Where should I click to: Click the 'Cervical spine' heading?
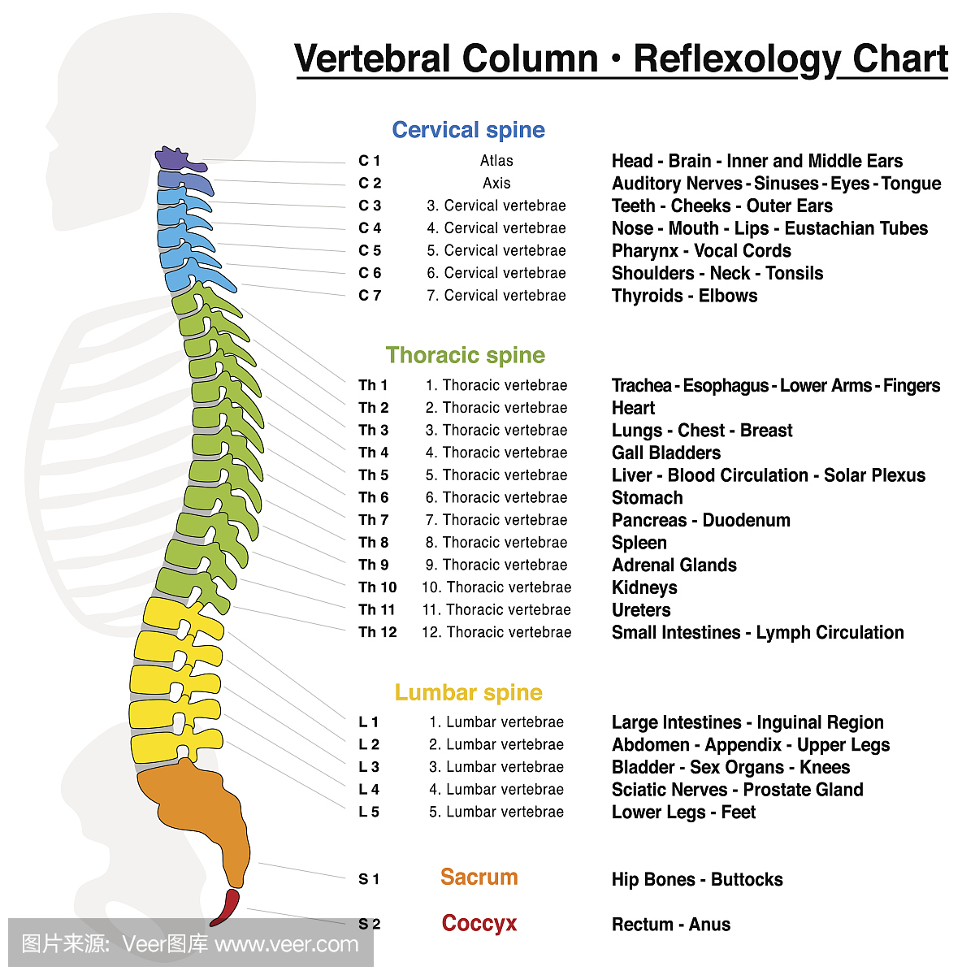[x=468, y=130]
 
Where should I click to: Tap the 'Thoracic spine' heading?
[x=465, y=355]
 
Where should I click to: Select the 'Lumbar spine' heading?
[x=468, y=692]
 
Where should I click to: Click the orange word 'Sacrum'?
[x=479, y=877]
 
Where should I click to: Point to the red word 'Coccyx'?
[x=479, y=923]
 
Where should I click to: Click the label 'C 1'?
[x=369, y=161]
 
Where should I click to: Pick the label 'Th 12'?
[x=377, y=632]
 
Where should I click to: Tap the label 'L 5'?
[x=369, y=812]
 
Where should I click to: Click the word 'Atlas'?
[x=496, y=161]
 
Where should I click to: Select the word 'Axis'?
[x=496, y=184]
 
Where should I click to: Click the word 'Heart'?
[x=633, y=408]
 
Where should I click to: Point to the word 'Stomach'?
[x=647, y=498]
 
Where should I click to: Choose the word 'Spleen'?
[x=639, y=543]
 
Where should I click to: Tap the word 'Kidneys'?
[x=644, y=587]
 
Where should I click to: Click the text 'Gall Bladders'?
[x=666, y=453]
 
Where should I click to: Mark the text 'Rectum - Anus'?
[x=670, y=925]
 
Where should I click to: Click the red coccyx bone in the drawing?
[x=225, y=907]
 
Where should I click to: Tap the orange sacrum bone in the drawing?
[x=203, y=804]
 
